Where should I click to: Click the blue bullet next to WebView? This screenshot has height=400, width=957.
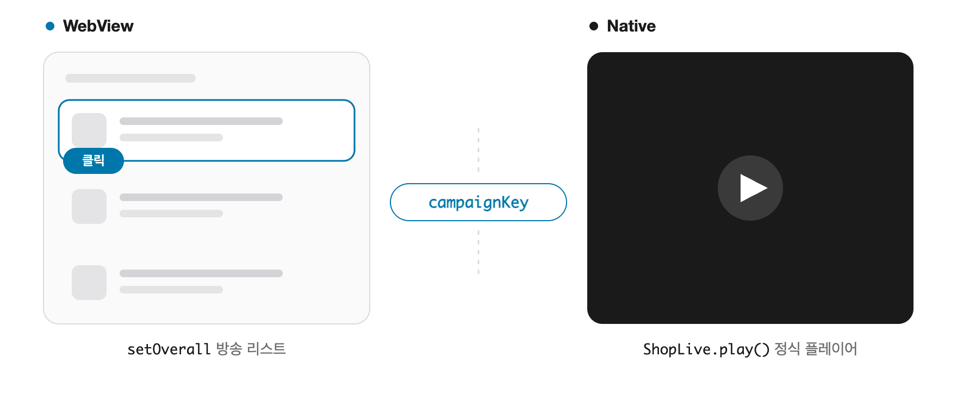[50, 26]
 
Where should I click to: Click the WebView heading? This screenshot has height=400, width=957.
[98, 26]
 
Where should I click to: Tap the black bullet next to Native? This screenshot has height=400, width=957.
[594, 26]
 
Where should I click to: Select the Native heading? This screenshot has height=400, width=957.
[631, 26]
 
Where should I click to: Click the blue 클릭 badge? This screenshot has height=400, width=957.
[94, 161]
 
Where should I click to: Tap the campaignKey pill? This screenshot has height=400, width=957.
[478, 202]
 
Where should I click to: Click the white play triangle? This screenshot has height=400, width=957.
[753, 188]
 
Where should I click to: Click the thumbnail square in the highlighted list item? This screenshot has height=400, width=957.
[89, 129]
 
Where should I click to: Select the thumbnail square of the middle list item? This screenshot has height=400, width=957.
[89, 207]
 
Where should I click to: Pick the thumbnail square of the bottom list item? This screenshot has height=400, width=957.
[89, 283]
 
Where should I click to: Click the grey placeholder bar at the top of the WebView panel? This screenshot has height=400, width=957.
[130, 78]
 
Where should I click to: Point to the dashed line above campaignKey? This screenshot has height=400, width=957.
[478, 150]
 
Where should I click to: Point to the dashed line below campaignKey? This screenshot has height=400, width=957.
[478, 252]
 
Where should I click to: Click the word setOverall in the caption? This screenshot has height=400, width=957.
[169, 349]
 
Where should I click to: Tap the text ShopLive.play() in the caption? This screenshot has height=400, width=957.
[706, 349]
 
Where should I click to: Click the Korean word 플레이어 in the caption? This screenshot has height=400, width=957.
[831, 349]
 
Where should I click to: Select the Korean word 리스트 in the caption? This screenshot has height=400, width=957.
[266, 349]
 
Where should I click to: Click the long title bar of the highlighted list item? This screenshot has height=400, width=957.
[201, 121]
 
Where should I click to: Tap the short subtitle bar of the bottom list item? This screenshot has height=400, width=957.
[171, 290]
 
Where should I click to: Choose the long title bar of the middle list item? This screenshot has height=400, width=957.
[201, 197]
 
